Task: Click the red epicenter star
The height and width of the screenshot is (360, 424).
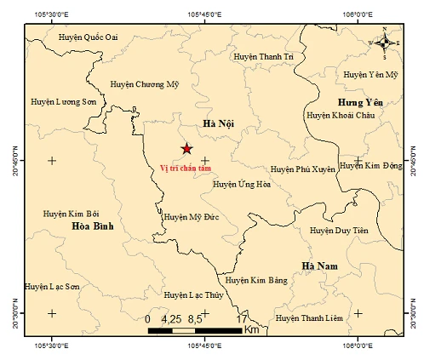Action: (x=186, y=149)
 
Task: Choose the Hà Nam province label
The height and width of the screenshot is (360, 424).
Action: (x=320, y=266)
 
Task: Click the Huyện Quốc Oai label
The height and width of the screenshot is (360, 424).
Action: (x=88, y=37)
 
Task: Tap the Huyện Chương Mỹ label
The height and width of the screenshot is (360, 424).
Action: (x=146, y=83)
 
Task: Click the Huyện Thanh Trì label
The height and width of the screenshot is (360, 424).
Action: (x=262, y=56)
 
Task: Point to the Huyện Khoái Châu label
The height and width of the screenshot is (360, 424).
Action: (x=341, y=114)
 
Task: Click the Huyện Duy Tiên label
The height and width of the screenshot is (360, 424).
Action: (x=338, y=230)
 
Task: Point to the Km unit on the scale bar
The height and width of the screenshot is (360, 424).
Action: (x=251, y=329)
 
